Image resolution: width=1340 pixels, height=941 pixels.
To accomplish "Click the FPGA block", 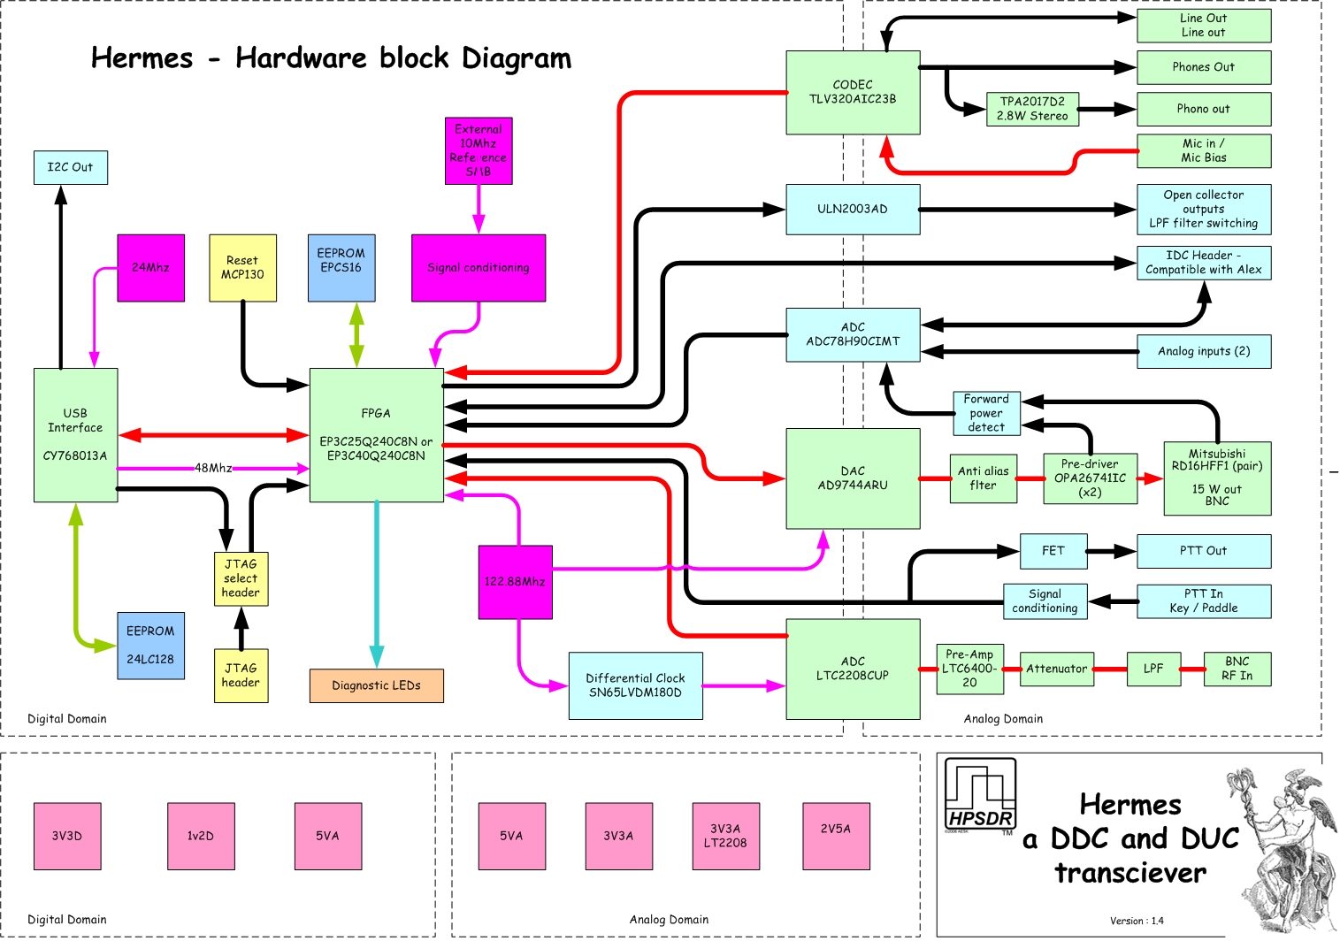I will click(376, 435).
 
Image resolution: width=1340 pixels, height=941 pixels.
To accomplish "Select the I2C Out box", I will click(71, 167).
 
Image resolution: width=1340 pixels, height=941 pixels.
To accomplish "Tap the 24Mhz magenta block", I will click(151, 268).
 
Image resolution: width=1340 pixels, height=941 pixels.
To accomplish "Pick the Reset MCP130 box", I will click(243, 268).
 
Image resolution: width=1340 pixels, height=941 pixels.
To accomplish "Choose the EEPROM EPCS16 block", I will click(341, 268).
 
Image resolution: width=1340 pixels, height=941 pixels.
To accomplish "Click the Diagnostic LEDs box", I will click(376, 685).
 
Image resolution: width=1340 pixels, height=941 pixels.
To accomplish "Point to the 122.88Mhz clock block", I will click(515, 582).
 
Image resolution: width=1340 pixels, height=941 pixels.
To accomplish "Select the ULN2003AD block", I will click(853, 210).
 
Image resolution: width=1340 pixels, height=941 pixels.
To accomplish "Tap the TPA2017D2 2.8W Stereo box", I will click(1032, 109).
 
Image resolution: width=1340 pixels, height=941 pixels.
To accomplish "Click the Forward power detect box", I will click(986, 413).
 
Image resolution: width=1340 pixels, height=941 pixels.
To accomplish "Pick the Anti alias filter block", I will click(983, 478).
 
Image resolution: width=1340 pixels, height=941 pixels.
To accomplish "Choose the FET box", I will click(1053, 551).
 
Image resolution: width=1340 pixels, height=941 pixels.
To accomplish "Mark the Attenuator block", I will click(1057, 669).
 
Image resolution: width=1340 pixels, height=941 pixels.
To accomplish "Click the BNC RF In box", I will click(1237, 669).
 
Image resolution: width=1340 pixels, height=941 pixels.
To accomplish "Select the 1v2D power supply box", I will click(201, 837).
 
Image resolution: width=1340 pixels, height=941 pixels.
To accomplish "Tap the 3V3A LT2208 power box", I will click(725, 837).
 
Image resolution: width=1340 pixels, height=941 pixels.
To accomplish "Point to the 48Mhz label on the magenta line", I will click(213, 468).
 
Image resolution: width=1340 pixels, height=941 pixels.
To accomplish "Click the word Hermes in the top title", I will click(142, 58).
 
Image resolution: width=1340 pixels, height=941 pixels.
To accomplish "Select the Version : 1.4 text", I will click(1137, 921).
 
